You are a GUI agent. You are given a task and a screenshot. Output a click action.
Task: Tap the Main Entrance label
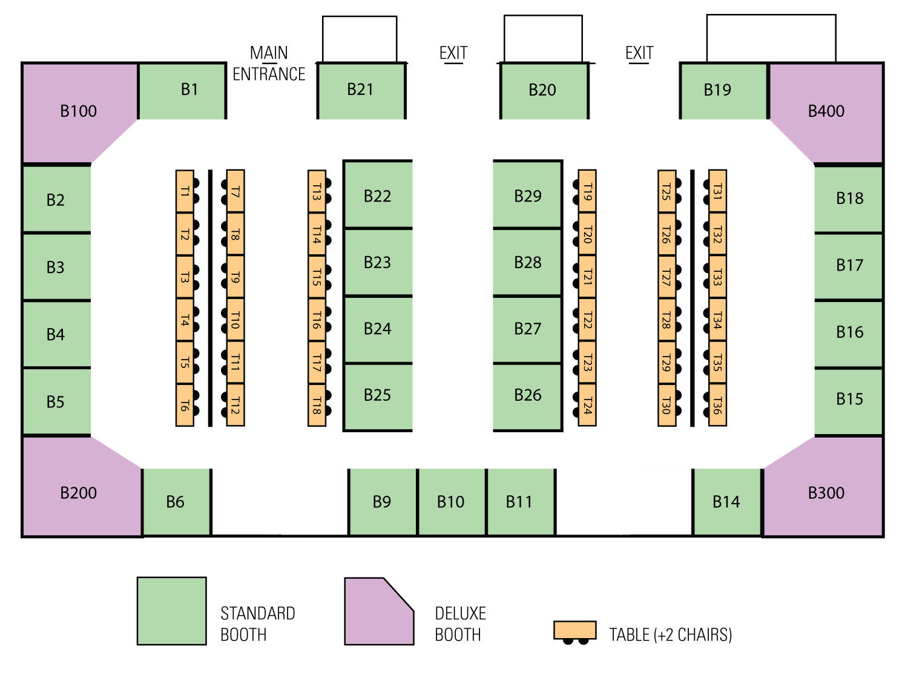point(269,64)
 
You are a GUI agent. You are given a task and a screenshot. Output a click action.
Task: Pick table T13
point(317,192)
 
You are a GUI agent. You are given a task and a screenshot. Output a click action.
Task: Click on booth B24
point(378,329)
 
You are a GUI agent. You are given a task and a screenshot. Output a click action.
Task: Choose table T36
point(717,405)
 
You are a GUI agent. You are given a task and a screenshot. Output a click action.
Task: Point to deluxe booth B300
point(826,493)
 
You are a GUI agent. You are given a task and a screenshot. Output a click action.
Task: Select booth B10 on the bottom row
point(451,502)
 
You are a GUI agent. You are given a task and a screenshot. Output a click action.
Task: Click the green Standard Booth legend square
point(172,611)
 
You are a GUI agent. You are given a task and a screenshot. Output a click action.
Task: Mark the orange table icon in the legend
point(574,630)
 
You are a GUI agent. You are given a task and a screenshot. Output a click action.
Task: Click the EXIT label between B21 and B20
point(453,53)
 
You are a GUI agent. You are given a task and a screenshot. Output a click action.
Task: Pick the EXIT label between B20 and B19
point(639,53)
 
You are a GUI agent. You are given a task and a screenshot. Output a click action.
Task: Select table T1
point(185,192)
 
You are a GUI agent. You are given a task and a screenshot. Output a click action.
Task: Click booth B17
point(849,266)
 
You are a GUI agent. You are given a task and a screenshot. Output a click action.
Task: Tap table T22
point(587,320)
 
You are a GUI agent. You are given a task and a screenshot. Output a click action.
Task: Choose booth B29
point(527,196)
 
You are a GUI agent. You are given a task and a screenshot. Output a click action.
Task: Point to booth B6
point(176,502)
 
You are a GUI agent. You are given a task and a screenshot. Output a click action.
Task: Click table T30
point(666,405)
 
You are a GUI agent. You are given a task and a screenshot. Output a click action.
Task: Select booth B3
point(56,268)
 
